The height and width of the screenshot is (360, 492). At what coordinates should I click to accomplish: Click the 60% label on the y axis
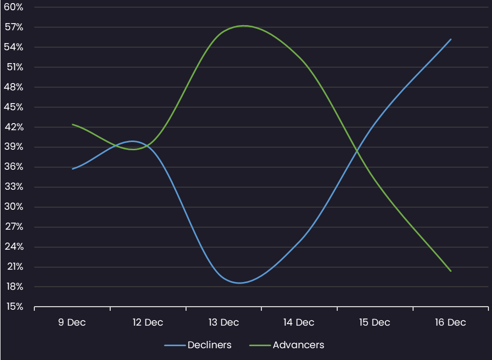(14, 7)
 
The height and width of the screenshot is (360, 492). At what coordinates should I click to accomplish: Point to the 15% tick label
(14, 307)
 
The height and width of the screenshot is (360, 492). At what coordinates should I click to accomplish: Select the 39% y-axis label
(14, 147)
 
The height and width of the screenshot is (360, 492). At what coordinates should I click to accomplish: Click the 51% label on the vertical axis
(14, 67)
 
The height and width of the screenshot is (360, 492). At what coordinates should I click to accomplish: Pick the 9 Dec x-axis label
(72, 323)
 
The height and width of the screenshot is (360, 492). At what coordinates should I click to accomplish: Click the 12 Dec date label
(148, 323)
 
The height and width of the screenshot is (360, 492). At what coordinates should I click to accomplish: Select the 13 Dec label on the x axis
(223, 323)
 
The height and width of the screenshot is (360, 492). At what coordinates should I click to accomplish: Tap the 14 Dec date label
(299, 323)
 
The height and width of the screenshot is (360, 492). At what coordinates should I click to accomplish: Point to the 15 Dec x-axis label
(375, 323)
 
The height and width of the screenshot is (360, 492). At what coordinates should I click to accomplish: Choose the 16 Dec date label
(450, 323)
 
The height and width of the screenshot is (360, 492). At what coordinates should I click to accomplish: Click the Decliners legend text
(210, 345)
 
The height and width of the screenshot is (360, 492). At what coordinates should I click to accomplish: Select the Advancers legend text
(298, 345)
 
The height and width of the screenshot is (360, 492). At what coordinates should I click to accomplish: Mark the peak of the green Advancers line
(243, 26)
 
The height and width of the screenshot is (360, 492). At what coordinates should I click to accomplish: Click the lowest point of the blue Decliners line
(239, 283)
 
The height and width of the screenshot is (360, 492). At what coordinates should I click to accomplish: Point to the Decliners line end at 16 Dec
(451, 39)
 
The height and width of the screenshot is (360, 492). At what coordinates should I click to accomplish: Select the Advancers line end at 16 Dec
(451, 271)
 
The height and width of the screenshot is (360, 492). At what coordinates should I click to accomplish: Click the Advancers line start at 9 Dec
(72, 124)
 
